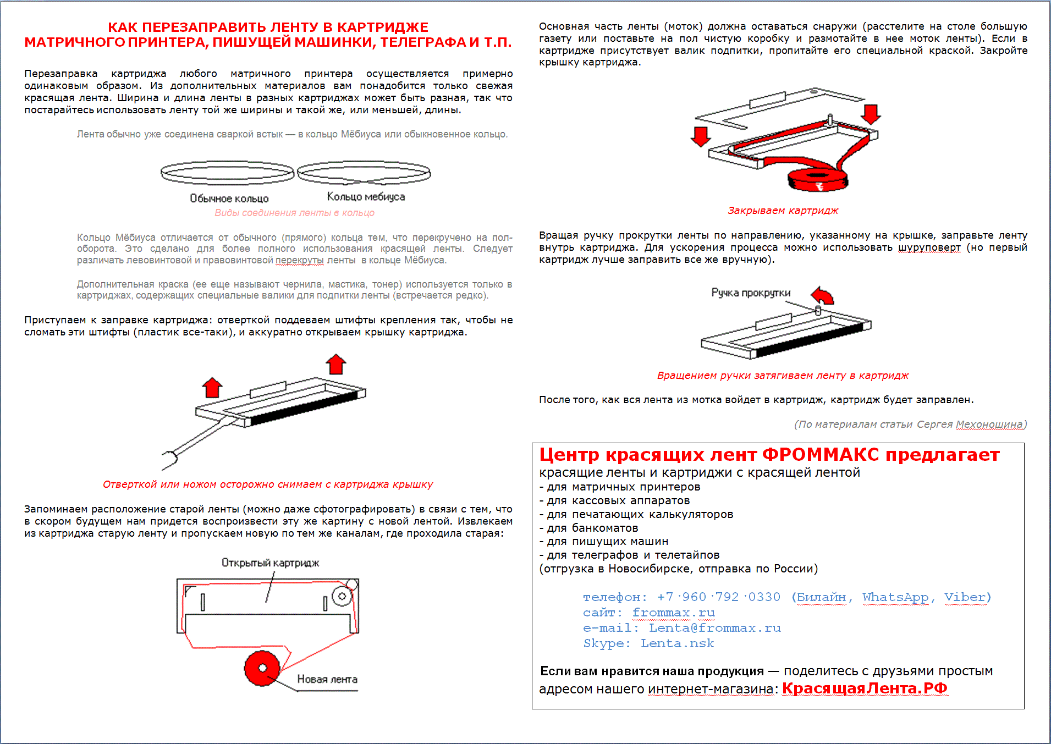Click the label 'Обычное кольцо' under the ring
229,199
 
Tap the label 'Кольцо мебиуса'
366,197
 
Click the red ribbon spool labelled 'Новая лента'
262,669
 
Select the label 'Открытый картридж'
270,563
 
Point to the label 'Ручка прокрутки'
751,293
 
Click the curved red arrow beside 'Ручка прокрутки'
823,295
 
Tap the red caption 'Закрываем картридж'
783,211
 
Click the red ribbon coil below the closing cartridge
817,179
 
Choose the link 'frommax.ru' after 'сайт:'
673,613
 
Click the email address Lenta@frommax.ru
714,628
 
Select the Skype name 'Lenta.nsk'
677,643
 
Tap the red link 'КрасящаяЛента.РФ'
865,688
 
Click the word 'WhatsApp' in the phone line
895,597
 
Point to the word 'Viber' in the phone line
965,597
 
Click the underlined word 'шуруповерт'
929,247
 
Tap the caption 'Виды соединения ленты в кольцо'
294,213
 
